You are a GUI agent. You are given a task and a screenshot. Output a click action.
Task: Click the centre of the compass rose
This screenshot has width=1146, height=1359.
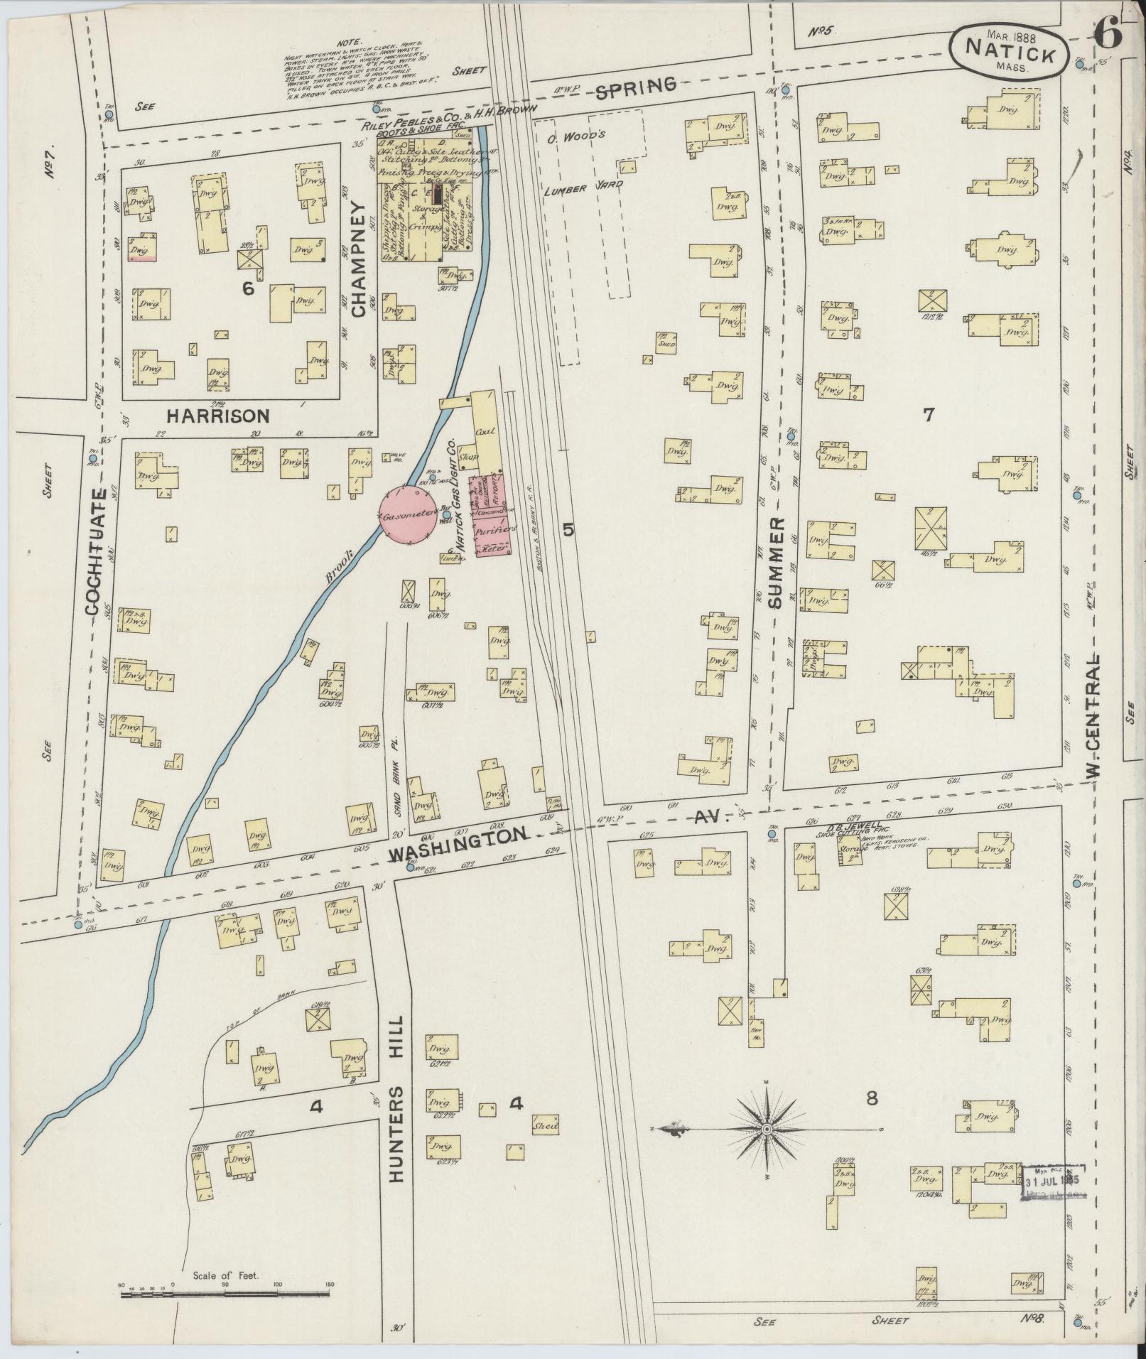767,1128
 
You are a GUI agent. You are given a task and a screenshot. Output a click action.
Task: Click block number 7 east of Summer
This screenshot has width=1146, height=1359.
928,415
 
